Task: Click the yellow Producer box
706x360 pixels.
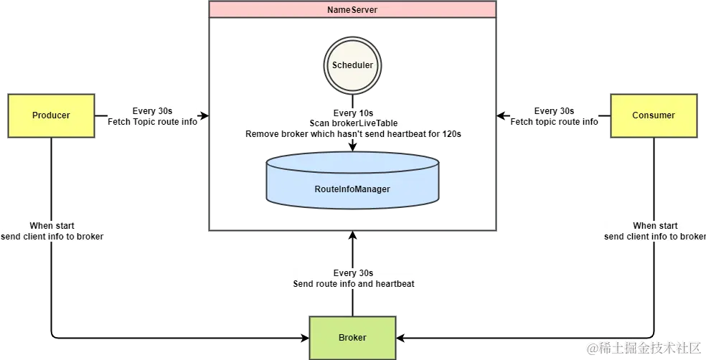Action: pyautogui.click(x=51, y=115)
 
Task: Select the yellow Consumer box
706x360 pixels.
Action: pyautogui.click(x=653, y=115)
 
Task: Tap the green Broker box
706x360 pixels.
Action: pyautogui.click(x=352, y=338)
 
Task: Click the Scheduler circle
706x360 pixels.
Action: pyautogui.click(x=352, y=65)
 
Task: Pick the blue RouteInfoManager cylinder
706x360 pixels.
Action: pyautogui.click(x=352, y=189)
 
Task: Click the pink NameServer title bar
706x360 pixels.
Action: pyautogui.click(x=352, y=10)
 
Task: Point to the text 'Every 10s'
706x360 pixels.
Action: pyautogui.click(x=353, y=113)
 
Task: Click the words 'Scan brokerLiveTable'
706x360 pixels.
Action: pyautogui.click(x=353, y=123)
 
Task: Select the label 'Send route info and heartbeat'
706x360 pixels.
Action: pyautogui.click(x=354, y=284)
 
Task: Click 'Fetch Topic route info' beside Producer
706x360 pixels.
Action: pyautogui.click(x=153, y=122)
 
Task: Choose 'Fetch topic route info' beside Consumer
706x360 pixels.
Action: pyautogui.click(x=555, y=122)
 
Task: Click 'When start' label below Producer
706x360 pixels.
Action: pyautogui.click(x=52, y=226)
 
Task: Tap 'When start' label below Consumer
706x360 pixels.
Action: pyautogui.click(x=655, y=226)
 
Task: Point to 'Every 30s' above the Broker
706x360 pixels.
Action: pyautogui.click(x=354, y=273)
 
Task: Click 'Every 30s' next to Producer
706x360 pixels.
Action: pyautogui.click(x=153, y=111)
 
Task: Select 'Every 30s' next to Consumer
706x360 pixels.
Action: pyautogui.click(x=555, y=111)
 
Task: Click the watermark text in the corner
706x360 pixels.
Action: pyautogui.click(x=642, y=347)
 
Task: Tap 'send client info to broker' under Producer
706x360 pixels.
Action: pyautogui.click(x=52, y=237)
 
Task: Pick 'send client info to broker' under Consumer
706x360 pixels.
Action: pyautogui.click(x=655, y=237)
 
